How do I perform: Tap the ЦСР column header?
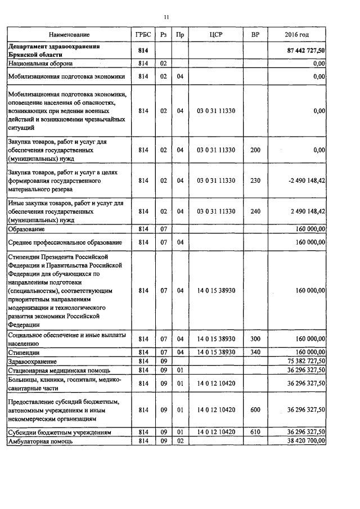coord(216,35)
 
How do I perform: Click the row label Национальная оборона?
coord(40,64)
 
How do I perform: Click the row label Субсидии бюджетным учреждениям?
coord(58,432)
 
